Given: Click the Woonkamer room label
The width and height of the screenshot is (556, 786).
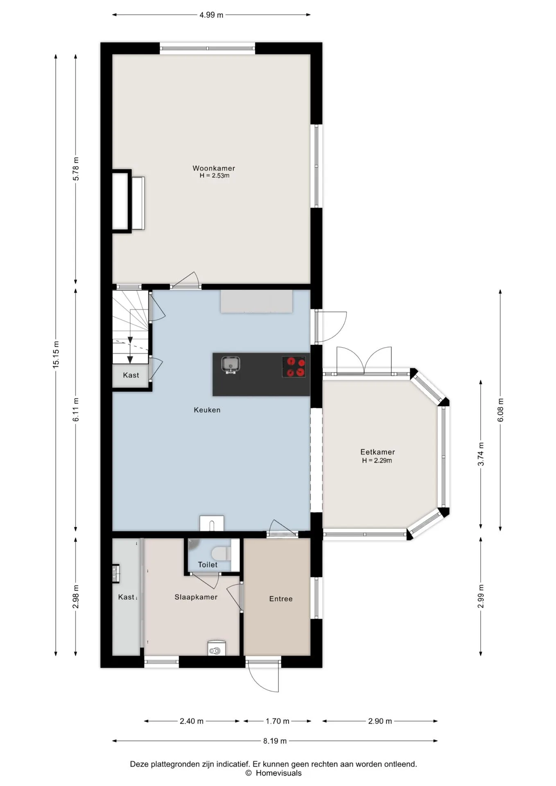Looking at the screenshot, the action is tap(214, 168).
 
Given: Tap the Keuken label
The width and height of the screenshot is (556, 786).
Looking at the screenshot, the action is tap(207, 410).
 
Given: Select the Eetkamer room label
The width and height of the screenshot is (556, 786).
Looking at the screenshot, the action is tap(377, 452).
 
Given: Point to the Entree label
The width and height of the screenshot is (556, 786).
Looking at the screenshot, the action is tap(281, 599).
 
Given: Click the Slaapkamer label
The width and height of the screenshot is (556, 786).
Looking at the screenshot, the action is tap(196, 597).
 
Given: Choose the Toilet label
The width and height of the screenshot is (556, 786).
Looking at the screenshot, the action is tap(208, 565).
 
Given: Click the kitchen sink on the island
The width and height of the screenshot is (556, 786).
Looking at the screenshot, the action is tap(231, 364).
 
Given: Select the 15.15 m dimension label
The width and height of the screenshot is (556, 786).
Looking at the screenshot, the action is tap(56, 355).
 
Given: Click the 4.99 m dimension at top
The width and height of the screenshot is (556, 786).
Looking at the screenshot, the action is tap(211, 15).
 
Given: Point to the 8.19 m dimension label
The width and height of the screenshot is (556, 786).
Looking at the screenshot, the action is tap(275, 741).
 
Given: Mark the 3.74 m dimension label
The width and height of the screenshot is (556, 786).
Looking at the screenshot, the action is tap(481, 454).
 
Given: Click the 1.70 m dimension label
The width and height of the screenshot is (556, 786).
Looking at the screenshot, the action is tap(278, 721).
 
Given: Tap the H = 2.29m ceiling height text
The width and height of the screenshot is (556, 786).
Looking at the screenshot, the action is tap(377, 461).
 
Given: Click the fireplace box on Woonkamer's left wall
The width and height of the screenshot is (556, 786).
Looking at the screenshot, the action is tap(122, 201).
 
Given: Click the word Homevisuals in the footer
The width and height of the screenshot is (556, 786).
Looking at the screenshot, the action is tap(278, 773).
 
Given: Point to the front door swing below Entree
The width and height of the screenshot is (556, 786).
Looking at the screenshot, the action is tap(263, 678).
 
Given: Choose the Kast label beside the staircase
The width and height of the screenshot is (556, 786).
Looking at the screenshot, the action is tap(131, 375).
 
